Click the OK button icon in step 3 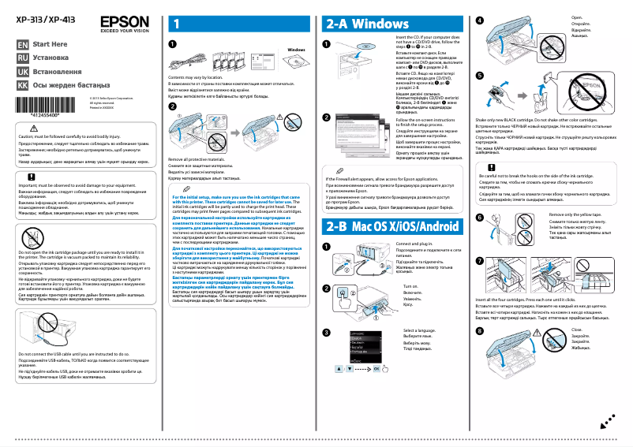pyautogui.click(x=376, y=368)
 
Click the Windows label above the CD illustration pyautogui.click(x=297, y=50)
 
